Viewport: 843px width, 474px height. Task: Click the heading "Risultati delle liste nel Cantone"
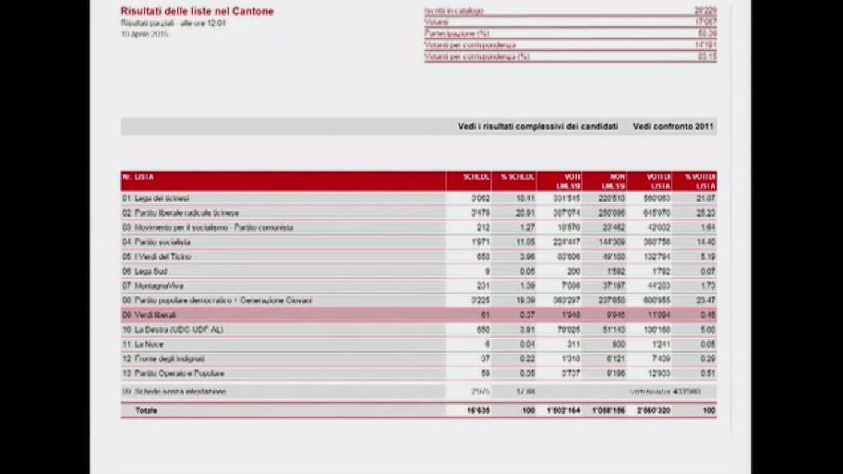tap(197, 11)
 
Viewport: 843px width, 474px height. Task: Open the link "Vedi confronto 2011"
tap(674, 127)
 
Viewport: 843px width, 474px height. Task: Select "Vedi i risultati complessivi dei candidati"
tap(538, 127)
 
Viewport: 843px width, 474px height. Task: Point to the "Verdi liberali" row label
tap(155, 315)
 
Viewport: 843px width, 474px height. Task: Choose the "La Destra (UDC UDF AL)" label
tap(178, 330)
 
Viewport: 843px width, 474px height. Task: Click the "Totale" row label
tap(146, 411)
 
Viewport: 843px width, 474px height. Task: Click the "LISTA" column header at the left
tap(144, 177)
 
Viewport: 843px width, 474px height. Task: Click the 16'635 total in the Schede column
tap(478, 411)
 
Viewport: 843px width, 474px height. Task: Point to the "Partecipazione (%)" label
tap(457, 34)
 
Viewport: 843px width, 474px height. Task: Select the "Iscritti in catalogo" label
tap(454, 11)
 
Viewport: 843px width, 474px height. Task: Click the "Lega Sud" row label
tap(151, 271)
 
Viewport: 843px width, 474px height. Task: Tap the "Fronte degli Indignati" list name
tap(169, 359)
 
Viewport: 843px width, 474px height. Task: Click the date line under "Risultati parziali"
tap(144, 34)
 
